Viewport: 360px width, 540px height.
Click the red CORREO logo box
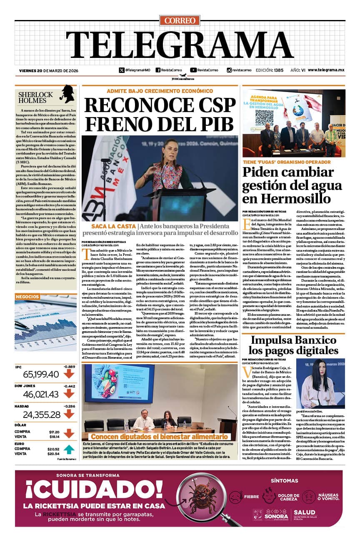point(180,20)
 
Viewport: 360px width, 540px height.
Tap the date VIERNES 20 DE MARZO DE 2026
point(49,70)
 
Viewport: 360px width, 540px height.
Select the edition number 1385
point(279,70)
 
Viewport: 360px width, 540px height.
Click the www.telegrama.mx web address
point(326,70)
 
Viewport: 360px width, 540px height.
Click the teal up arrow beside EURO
point(69,449)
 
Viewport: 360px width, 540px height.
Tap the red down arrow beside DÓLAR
point(69,434)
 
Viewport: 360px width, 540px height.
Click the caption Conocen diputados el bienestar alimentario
point(160,437)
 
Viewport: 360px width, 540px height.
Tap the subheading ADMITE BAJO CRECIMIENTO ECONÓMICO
point(160,91)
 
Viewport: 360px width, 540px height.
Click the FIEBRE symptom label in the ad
point(251,497)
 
